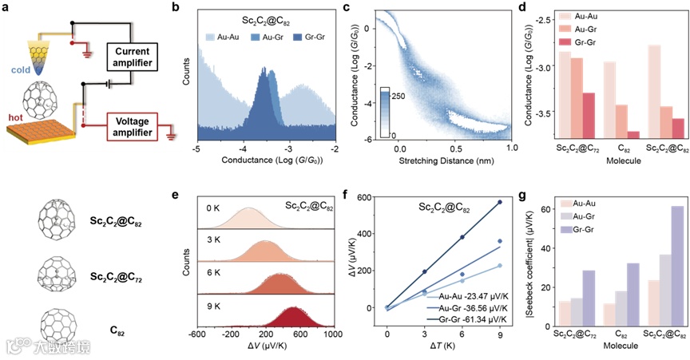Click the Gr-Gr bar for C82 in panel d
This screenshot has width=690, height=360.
pos(611,135)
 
